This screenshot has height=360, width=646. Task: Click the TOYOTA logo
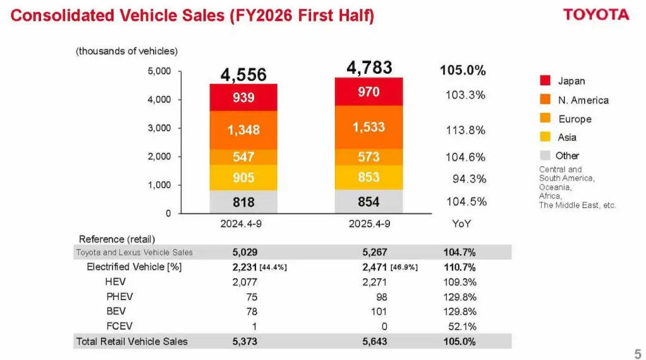[x=596, y=15]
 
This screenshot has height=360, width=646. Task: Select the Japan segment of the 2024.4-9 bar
[x=244, y=98]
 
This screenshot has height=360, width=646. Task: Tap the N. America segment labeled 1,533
[x=368, y=127]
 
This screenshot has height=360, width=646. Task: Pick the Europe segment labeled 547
[x=244, y=157]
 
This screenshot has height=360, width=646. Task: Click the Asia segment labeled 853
[x=368, y=178]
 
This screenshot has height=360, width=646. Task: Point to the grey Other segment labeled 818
[x=244, y=202]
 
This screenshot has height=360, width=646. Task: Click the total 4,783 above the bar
[x=369, y=67]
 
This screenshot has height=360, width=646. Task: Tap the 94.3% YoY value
[x=469, y=179]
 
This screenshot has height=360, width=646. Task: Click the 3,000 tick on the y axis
[x=160, y=128]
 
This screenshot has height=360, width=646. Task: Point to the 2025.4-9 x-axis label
[x=370, y=224]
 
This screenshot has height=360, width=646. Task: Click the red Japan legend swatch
[x=546, y=81]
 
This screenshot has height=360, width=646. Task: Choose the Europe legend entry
[x=574, y=119]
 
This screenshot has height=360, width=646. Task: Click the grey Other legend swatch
[x=546, y=155]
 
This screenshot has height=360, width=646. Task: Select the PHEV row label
[x=120, y=296]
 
